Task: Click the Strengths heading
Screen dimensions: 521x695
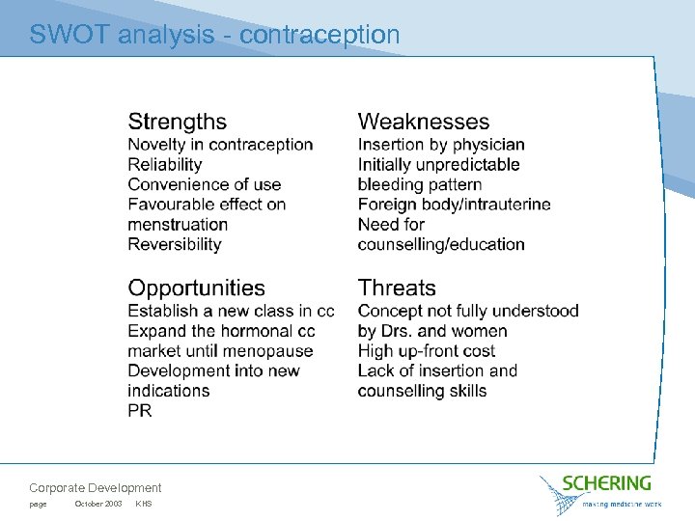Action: pyautogui.click(x=177, y=122)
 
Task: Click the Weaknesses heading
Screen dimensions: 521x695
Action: pyautogui.click(x=423, y=122)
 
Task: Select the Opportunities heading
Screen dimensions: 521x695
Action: pyautogui.click(x=196, y=288)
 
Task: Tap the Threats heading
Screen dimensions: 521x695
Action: pyautogui.click(x=397, y=288)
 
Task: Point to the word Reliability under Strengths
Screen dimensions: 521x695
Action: pyautogui.click(x=165, y=165)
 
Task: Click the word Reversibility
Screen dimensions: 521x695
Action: pyautogui.click(x=175, y=244)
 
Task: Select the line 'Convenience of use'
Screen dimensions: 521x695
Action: pyautogui.click(x=205, y=184)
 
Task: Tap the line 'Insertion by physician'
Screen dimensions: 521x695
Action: pyautogui.click(x=441, y=145)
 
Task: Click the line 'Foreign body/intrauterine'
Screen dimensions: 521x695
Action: pyautogui.click(x=454, y=205)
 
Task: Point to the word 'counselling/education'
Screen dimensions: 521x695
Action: pyautogui.click(x=441, y=244)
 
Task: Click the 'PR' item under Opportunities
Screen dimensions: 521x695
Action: pyautogui.click(x=140, y=411)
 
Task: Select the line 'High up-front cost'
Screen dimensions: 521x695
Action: pyautogui.click(x=426, y=351)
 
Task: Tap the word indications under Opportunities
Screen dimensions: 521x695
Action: pyautogui.click(x=168, y=391)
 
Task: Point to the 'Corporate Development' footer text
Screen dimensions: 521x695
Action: pyautogui.click(x=96, y=488)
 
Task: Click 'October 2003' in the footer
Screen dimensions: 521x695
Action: pyautogui.click(x=97, y=505)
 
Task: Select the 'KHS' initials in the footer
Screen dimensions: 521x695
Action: pyautogui.click(x=144, y=505)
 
